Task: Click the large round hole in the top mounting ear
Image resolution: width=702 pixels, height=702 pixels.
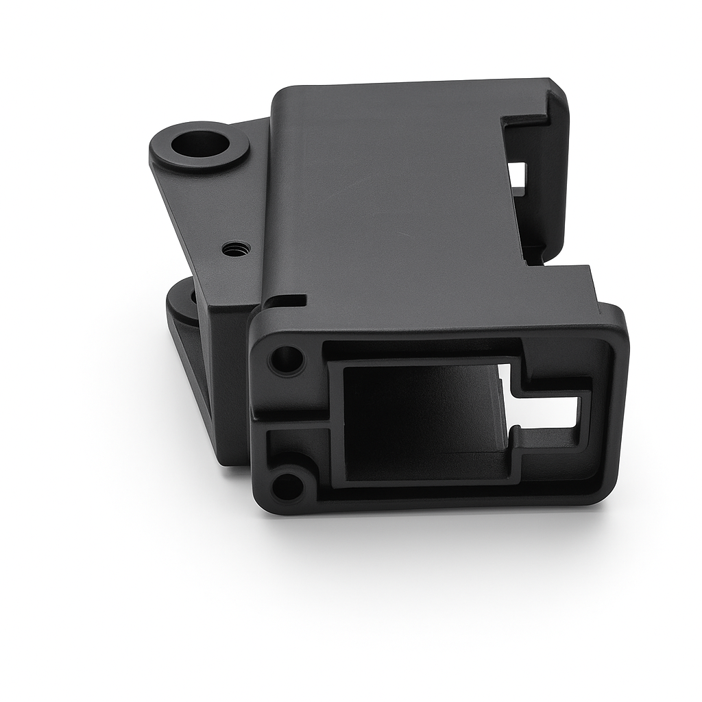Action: (x=200, y=145)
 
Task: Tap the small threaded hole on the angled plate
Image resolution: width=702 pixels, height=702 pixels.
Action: (x=237, y=249)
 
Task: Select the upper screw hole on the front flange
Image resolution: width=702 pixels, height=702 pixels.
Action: (x=287, y=359)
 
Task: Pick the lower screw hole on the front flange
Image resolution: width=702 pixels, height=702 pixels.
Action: (x=287, y=485)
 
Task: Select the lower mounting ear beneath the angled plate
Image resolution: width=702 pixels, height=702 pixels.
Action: (x=182, y=308)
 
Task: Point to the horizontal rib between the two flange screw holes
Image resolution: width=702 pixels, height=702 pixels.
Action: (x=291, y=421)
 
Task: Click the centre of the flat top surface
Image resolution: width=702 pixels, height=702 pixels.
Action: (x=398, y=199)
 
